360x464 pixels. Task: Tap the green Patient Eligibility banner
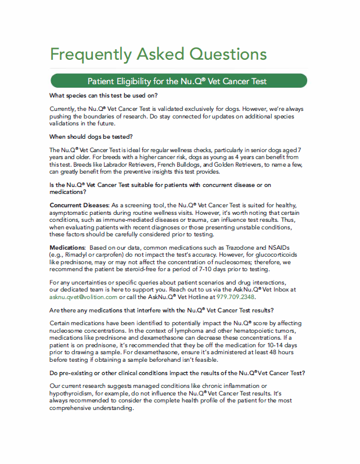point(179,81)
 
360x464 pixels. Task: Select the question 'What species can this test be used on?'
point(104,95)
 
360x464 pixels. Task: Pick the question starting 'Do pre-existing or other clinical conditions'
point(178,372)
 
